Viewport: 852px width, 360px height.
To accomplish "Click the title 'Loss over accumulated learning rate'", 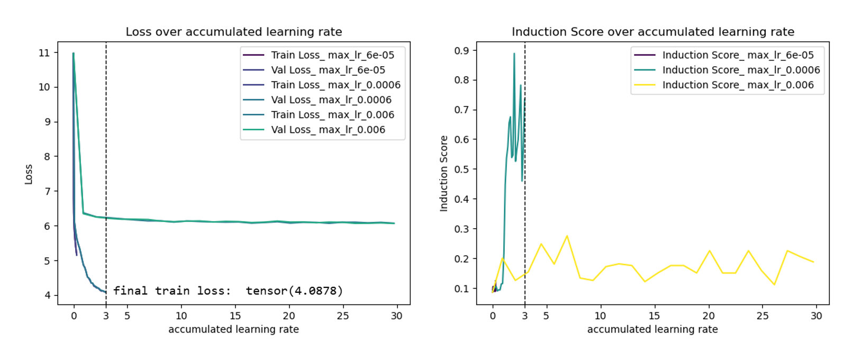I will (x=233, y=32).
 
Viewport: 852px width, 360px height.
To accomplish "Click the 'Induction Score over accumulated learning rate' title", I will (x=652, y=32).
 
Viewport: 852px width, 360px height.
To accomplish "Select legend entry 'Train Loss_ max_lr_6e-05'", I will (x=332, y=55).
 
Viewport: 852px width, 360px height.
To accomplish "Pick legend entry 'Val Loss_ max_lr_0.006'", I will (x=328, y=130).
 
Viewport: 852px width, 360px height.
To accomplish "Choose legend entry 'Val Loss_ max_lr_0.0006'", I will (x=331, y=100).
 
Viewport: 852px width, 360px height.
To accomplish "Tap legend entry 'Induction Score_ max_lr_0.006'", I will (x=738, y=85).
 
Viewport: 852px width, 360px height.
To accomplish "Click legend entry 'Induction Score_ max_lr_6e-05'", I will (x=738, y=55).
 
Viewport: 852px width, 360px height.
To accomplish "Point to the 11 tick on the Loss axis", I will (x=44, y=53).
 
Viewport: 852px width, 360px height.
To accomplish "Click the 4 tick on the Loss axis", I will (x=48, y=295).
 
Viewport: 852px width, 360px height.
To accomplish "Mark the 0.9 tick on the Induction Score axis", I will (x=461, y=50).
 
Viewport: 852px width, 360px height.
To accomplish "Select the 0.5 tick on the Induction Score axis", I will (x=461, y=169).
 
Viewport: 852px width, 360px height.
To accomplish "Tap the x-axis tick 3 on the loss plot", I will (x=106, y=316).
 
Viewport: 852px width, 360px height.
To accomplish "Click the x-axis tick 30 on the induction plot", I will (x=816, y=316).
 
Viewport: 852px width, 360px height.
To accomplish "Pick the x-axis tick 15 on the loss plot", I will (x=235, y=316).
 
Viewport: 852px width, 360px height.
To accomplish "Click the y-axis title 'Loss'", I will (x=29, y=174).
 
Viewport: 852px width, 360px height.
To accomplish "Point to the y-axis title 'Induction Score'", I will (x=443, y=174).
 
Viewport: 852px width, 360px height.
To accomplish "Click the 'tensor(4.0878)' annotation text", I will (x=294, y=291).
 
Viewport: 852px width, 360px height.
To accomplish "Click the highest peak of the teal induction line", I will (x=514, y=53).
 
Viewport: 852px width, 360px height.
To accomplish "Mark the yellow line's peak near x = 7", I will (x=567, y=236).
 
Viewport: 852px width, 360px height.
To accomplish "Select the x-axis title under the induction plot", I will (x=652, y=329).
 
